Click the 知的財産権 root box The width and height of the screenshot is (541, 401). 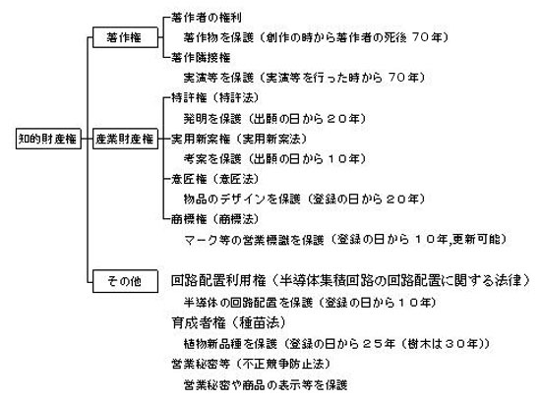tap(48, 139)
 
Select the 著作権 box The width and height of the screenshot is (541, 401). tap(125, 37)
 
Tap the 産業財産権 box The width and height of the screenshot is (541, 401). tap(125, 139)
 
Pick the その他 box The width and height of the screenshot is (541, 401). tap(125, 281)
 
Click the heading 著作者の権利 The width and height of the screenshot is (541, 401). tap(207, 18)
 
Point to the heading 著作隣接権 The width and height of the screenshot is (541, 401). tap(201, 57)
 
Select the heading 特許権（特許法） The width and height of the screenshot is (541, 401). tap(214, 98)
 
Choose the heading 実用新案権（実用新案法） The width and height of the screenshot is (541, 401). tap(239, 139)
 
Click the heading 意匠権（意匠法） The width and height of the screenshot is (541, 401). tap(214, 179)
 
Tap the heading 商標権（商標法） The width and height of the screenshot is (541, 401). tap(214, 219)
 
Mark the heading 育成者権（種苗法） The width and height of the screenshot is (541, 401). tap(229, 323)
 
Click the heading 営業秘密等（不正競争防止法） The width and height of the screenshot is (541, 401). tap(251, 364)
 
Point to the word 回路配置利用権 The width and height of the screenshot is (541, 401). tap(218, 280)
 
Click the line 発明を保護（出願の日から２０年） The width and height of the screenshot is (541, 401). tap(274, 119)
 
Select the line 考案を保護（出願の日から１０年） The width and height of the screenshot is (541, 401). tap(274, 159)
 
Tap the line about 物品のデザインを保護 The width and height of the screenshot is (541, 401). tap(304, 199)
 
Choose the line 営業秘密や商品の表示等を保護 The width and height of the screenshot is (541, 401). tap(266, 384)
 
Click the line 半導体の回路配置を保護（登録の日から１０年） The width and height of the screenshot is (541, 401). tap(310, 303)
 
